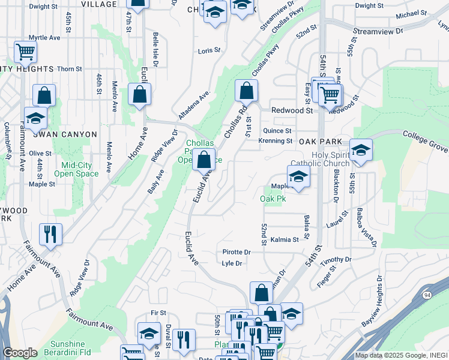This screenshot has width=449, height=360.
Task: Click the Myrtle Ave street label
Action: tap(45, 37)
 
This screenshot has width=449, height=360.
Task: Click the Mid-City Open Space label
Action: tap(76, 169)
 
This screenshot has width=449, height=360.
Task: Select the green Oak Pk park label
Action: tap(272, 198)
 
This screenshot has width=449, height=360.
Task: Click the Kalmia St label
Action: tap(285, 240)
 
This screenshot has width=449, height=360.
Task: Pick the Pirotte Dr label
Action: tap(236, 253)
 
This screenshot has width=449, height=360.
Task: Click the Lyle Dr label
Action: tap(232, 263)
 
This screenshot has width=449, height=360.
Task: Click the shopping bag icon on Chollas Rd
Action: tap(246, 91)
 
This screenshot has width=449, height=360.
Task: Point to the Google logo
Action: tap(20, 353)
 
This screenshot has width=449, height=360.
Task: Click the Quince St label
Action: tap(277, 130)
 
